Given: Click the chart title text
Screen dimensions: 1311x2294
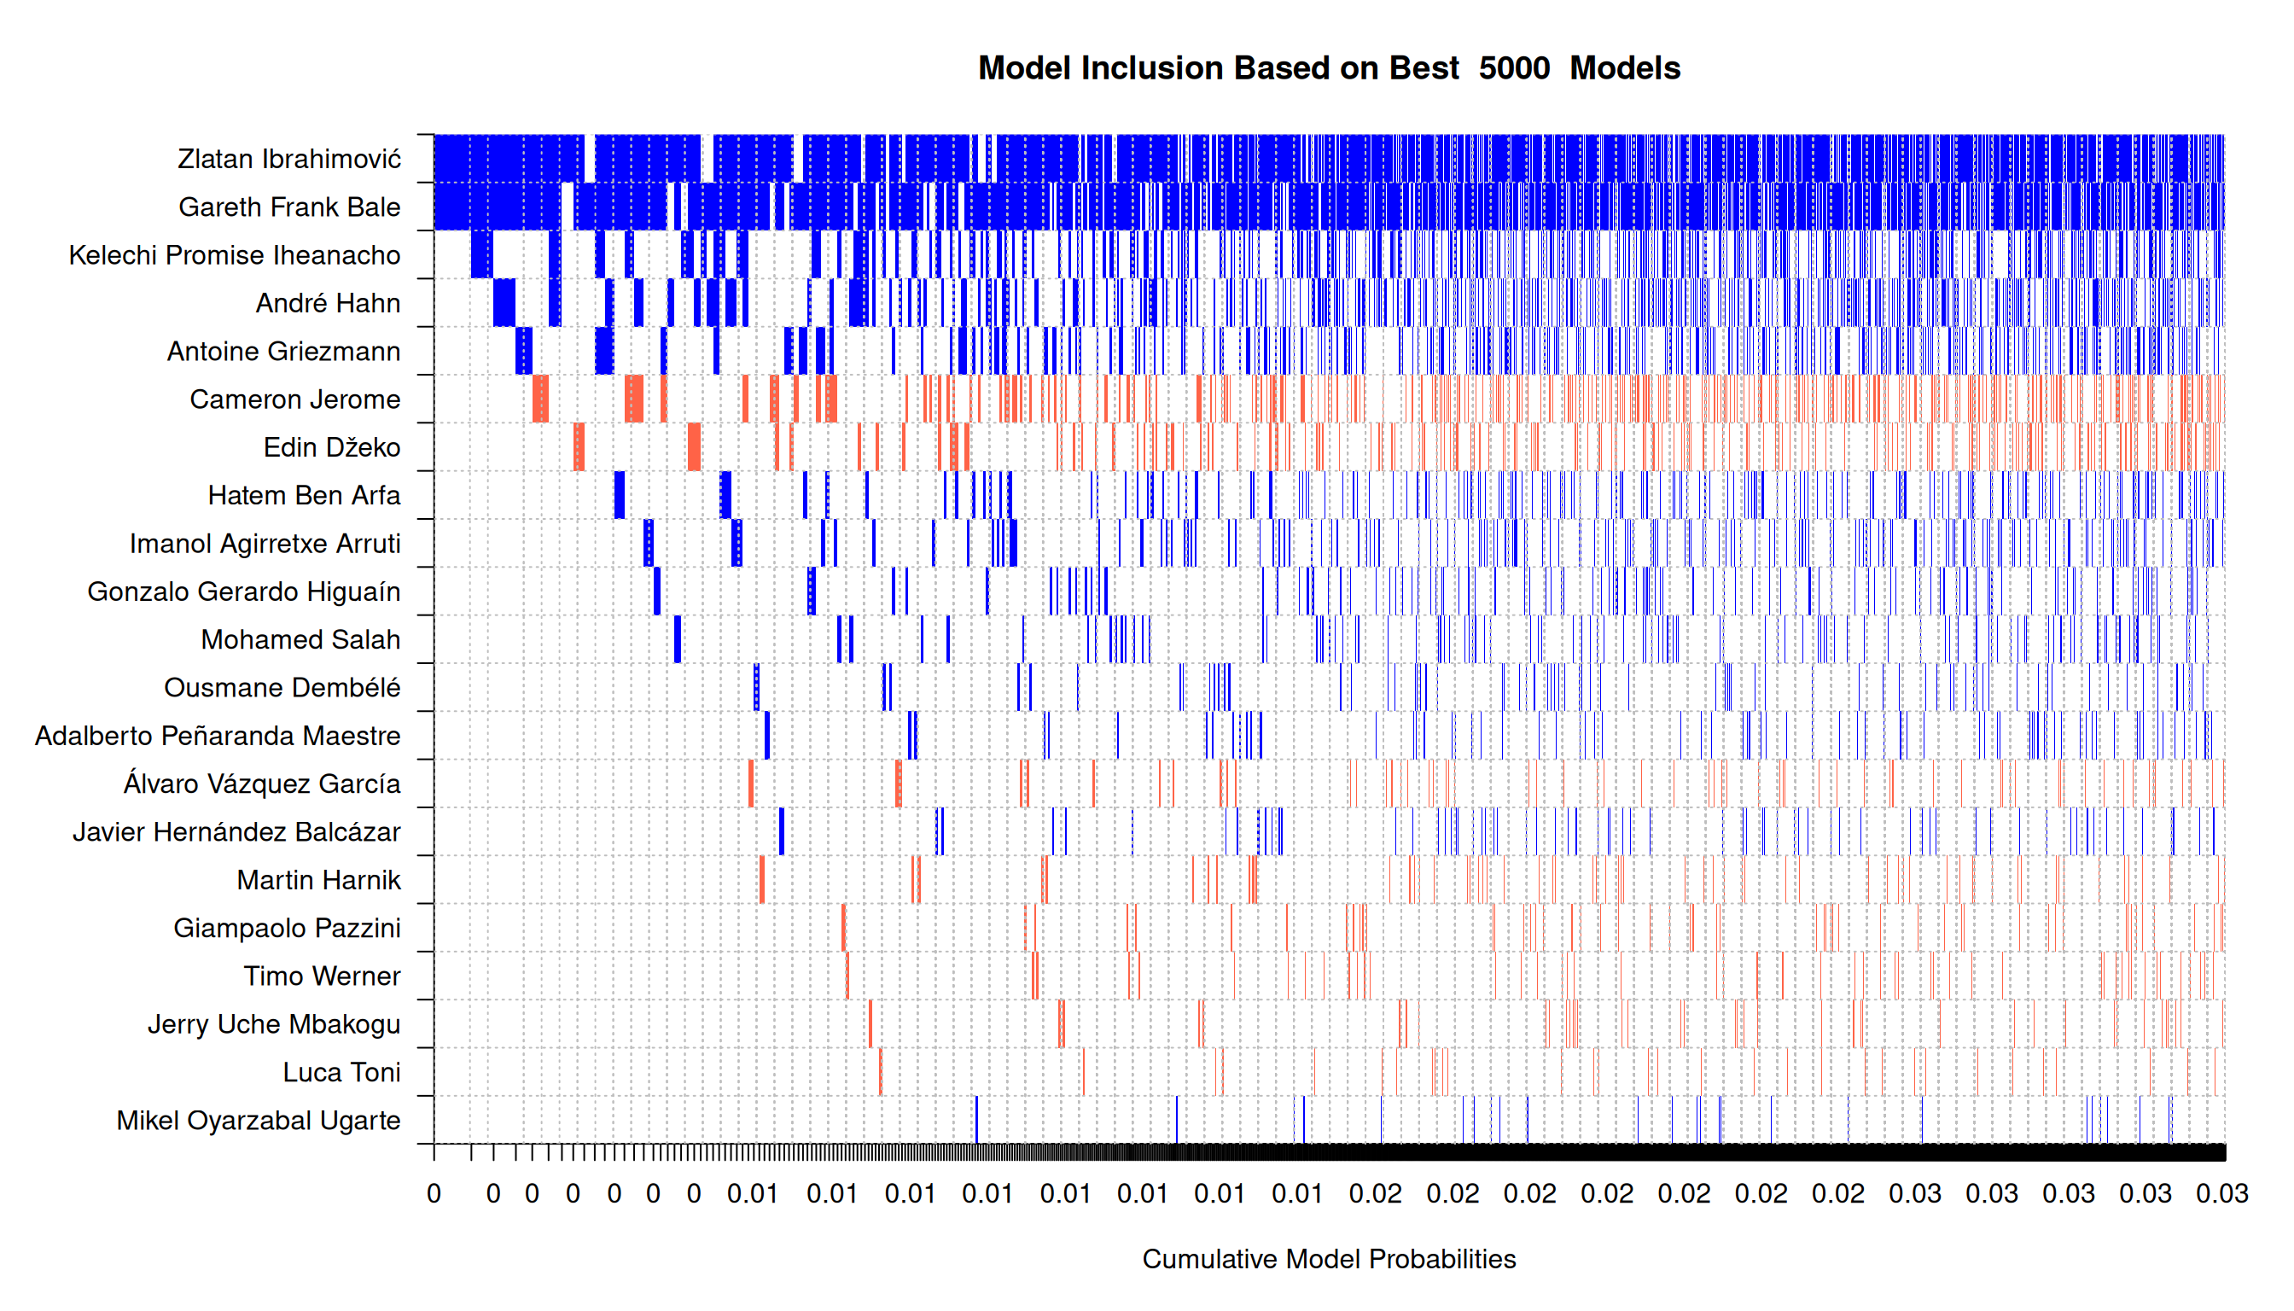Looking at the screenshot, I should click(1328, 68).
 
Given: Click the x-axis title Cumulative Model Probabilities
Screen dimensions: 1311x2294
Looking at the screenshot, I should click(1328, 1259).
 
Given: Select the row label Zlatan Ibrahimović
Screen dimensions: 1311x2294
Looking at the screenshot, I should click(289, 160).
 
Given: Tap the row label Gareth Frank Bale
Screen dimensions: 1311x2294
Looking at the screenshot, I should click(289, 207).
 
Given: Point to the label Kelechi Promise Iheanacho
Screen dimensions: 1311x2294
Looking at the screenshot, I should click(234, 256).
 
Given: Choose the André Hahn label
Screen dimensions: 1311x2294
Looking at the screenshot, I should click(328, 304).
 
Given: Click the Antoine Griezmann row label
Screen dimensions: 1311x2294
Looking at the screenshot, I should click(283, 351).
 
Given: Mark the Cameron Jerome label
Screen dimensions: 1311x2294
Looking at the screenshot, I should click(294, 399).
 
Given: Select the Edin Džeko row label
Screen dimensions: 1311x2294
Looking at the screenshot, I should click(331, 447).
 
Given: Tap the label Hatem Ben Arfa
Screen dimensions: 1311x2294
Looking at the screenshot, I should click(304, 495).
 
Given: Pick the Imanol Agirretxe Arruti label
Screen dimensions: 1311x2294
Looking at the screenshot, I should click(265, 544).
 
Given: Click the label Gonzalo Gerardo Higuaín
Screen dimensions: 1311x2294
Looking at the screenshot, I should click(243, 591).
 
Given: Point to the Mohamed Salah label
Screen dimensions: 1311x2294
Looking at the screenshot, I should click(300, 639).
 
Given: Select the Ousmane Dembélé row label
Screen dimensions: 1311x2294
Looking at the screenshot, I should click(282, 688).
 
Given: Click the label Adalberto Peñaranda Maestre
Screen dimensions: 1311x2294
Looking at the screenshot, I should click(217, 736).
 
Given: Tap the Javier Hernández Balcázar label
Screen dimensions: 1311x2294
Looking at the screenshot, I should click(236, 832).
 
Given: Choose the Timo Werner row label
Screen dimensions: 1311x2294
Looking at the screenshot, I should click(322, 976).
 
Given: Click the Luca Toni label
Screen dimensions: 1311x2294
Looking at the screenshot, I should click(341, 1072).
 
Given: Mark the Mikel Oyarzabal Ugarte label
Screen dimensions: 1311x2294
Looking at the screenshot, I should click(259, 1120).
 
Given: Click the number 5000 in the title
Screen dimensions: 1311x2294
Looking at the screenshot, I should click(1513, 68).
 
